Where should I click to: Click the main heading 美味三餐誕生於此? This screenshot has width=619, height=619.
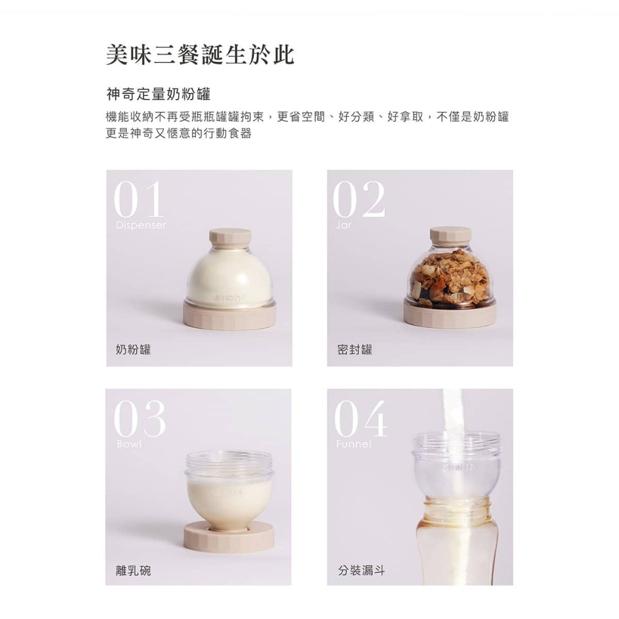tap(199, 55)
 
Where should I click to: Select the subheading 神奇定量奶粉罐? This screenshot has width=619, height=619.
tap(158, 95)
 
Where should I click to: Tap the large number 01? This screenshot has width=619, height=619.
tap(139, 199)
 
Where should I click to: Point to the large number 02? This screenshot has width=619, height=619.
tap(359, 199)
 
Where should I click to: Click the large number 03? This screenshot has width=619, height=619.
tap(140, 419)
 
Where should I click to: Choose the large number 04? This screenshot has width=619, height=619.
tap(361, 419)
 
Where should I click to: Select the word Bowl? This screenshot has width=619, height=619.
tap(128, 444)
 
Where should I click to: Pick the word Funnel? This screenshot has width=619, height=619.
tap(353, 444)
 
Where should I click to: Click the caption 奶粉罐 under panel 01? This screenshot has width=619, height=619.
tap(133, 350)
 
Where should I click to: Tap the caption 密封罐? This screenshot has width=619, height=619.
tap(355, 350)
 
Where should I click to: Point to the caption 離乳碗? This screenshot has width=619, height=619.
tap(133, 570)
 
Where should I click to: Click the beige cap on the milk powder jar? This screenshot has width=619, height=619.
tap(230, 237)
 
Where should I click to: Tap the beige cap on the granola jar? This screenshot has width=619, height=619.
tap(450, 236)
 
